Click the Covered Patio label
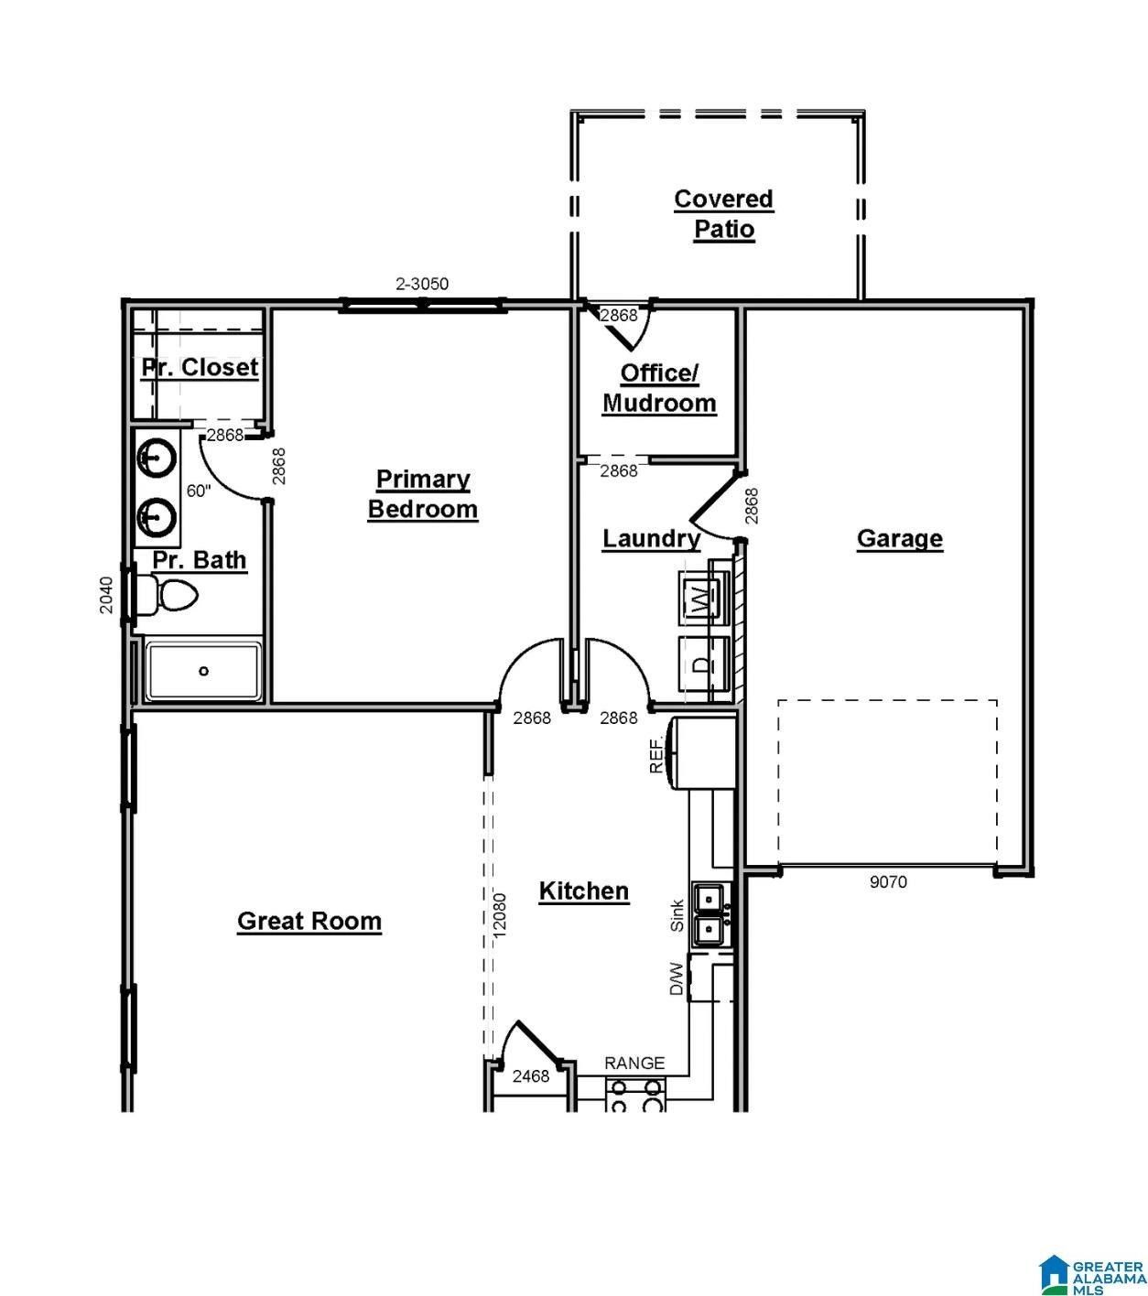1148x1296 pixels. click(x=723, y=214)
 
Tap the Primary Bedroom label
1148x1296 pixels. click(x=423, y=493)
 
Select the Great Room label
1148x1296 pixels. click(x=309, y=921)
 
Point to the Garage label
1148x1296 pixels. click(x=899, y=538)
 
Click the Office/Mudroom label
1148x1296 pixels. click(x=659, y=388)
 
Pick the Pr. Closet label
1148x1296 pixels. click(x=200, y=367)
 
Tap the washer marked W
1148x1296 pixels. click(x=702, y=599)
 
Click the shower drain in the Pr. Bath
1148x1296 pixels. click(x=203, y=671)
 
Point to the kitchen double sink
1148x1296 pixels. click(x=709, y=914)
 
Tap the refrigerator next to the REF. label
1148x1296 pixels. click(x=703, y=752)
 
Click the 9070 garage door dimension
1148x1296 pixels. click(x=887, y=882)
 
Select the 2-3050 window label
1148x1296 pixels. click(x=422, y=284)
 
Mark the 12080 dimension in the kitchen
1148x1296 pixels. click(x=499, y=913)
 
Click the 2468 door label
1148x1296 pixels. click(x=531, y=1076)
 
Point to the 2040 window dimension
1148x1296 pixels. click(x=106, y=595)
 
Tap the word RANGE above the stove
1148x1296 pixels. click(x=634, y=1063)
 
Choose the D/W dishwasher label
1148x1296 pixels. click(x=677, y=978)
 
